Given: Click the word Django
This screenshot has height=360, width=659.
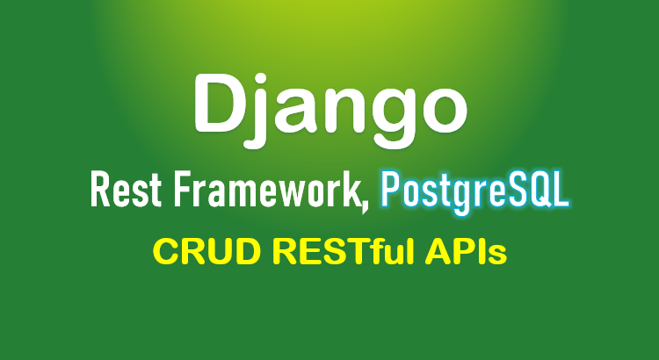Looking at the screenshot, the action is click(330, 110).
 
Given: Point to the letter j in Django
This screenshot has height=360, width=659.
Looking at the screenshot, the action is click(255, 111).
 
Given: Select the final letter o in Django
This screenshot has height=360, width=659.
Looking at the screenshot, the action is click(445, 111).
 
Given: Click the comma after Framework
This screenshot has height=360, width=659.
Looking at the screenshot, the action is click(364, 206).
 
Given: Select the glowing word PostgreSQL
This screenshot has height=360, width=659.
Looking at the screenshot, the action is click(474, 191).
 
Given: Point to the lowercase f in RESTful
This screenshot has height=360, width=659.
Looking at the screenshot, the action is click(379, 252).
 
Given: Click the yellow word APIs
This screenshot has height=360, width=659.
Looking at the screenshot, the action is click(466, 252).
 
